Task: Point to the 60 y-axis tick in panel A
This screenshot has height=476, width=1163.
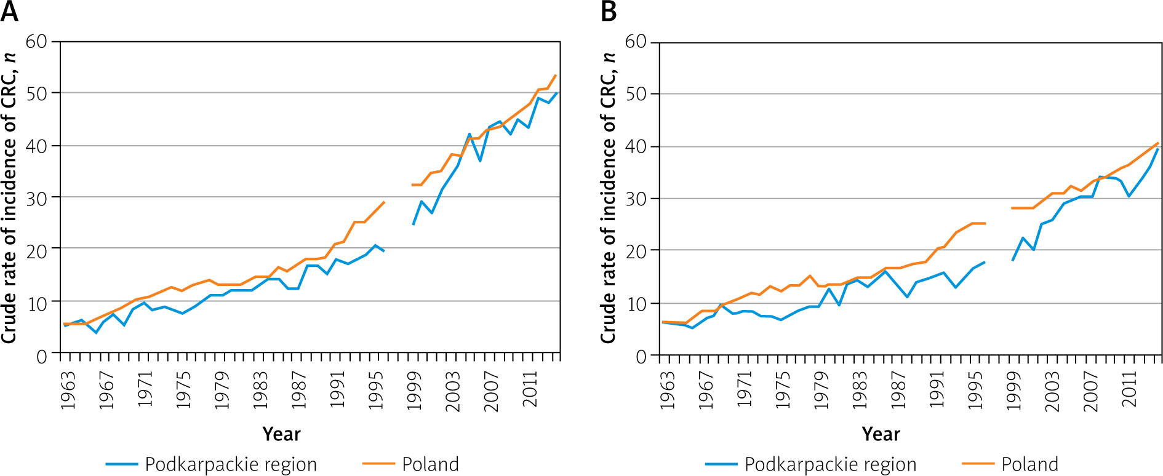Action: [x=36, y=42]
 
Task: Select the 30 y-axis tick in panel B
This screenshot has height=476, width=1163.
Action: [x=636, y=199]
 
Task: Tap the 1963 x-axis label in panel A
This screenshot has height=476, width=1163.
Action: [x=68, y=390]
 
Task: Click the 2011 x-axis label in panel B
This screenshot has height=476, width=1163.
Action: [x=1129, y=390]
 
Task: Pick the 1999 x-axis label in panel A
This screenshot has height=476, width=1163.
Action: [x=414, y=390]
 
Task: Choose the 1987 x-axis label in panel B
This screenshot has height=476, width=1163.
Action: [x=898, y=390]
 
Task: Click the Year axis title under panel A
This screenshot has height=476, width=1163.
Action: [x=281, y=434]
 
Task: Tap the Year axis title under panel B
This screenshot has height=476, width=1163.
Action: [x=881, y=434]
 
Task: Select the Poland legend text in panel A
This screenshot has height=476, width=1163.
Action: [x=430, y=464]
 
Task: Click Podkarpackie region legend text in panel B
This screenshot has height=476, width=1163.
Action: [x=830, y=464]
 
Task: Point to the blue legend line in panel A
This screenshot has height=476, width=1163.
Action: [x=122, y=464]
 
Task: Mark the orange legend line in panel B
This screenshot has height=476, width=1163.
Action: [x=978, y=464]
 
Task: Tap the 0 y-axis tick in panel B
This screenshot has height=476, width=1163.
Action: [x=641, y=356]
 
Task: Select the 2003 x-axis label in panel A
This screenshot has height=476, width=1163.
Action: [x=453, y=390]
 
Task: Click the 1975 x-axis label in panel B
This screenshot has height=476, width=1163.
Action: [x=783, y=390]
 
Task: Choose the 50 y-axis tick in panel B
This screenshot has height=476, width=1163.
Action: [x=636, y=94]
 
